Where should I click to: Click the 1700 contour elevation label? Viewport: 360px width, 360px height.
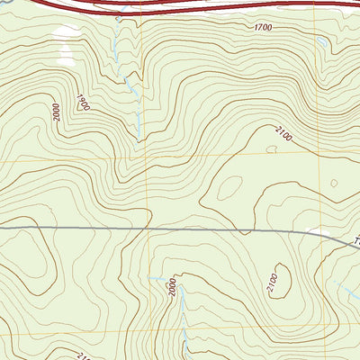(262, 29)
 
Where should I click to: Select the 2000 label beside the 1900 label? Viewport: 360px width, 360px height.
(58, 112)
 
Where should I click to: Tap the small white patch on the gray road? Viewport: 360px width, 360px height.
(317, 233)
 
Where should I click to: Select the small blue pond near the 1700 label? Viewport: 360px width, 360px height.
(321, 41)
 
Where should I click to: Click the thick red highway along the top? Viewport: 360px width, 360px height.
(180, 7)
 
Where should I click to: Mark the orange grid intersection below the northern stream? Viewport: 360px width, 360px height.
(147, 160)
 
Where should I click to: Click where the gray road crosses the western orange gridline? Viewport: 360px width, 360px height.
(147, 229)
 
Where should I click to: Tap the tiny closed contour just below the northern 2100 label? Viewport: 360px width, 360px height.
(270, 149)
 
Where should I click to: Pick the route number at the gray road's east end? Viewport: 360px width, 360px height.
(355, 241)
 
